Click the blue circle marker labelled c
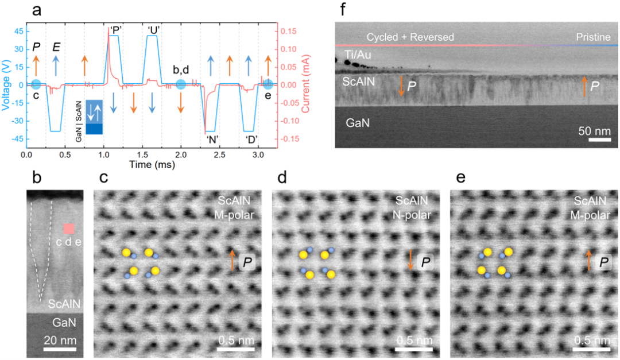pos(36,84)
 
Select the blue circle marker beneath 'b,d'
pos(181,84)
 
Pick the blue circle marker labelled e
pos(268,84)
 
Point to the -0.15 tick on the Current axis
pos(291,138)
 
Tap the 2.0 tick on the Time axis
pos(181,155)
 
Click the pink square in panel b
pos(69,229)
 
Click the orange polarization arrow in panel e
pos(588,261)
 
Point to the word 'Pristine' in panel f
pos(593,37)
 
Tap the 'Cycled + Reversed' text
pos(410,37)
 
